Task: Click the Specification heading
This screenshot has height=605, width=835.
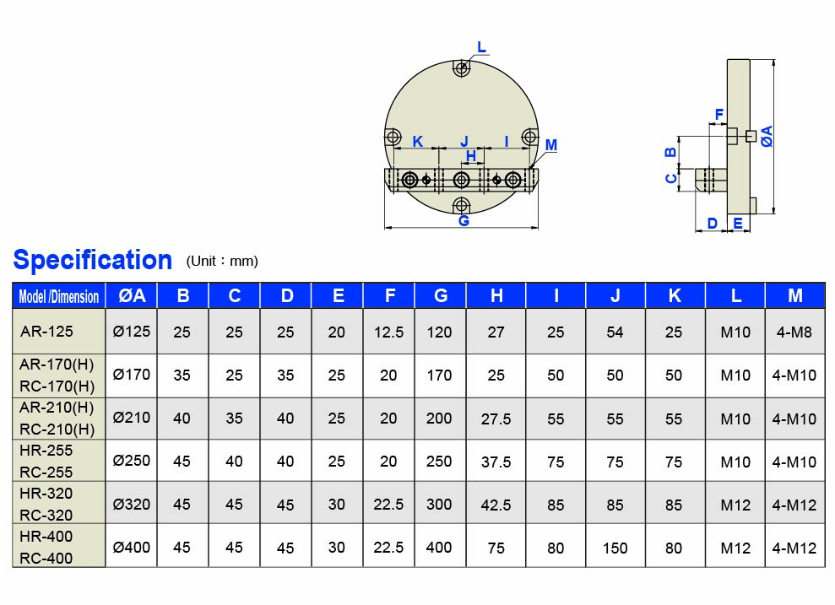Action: (92, 260)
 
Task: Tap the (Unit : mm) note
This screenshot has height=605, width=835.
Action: (222, 261)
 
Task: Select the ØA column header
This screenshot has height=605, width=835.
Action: (132, 295)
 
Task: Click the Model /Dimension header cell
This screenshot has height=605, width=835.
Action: (59, 296)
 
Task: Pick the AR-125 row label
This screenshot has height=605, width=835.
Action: (46, 331)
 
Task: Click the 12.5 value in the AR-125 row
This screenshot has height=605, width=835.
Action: (388, 332)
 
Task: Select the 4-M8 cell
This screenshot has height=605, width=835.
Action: (794, 332)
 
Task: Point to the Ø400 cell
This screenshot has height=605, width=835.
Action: (132, 548)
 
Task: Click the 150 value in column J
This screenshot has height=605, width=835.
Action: (615, 548)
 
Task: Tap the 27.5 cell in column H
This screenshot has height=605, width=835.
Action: (496, 419)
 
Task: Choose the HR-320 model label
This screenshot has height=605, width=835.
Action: (46, 494)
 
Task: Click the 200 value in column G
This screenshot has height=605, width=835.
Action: (439, 419)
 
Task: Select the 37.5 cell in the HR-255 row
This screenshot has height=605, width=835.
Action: (496, 462)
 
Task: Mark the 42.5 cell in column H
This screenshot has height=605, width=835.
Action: (496, 505)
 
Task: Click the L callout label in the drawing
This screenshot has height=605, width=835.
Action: (481, 47)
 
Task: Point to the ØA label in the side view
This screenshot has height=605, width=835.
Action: (767, 136)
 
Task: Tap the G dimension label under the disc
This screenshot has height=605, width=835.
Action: (464, 221)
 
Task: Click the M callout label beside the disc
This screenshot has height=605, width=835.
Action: (551, 145)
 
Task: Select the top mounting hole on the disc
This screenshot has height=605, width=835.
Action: (461, 69)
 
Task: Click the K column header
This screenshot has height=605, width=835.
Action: (674, 295)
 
